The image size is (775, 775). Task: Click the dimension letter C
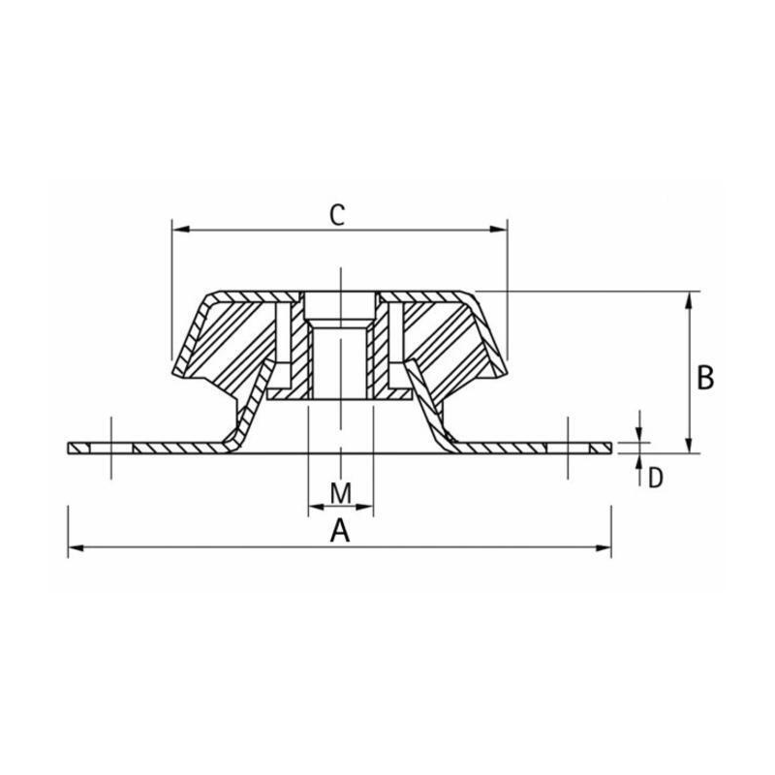tap(337, 215)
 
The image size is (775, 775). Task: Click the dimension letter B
tap(705, 378)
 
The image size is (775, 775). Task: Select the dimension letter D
tap(656, 478)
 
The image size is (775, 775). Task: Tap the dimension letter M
tap(341, 493)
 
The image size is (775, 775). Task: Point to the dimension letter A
tap(340, 531)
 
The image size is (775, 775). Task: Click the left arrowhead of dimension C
tap(181, 230)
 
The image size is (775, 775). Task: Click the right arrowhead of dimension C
tap(498, 230)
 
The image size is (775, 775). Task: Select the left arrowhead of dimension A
tap(77, 547)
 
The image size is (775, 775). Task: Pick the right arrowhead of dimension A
tap(603, 547)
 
